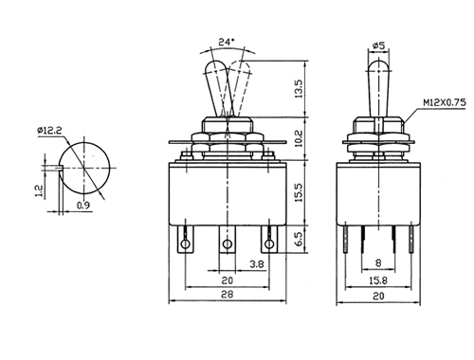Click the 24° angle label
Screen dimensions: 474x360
227,42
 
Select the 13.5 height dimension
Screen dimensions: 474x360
299,88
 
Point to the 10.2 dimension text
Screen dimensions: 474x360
299,138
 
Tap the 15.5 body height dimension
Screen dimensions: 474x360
299,192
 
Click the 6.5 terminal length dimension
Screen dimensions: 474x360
299,239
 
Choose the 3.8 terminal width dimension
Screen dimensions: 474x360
257,263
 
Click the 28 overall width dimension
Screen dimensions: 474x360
227,295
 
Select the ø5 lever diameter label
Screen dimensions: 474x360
378,45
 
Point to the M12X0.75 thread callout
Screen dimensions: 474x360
445,102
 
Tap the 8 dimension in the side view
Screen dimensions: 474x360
378,262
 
